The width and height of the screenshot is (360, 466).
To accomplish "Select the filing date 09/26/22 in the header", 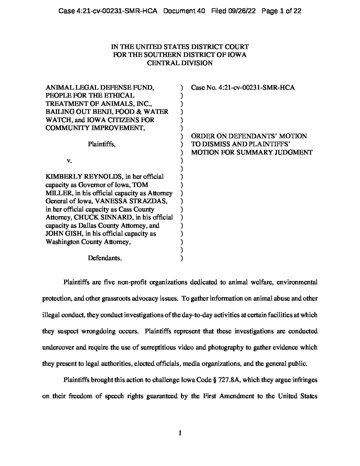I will point(241,11).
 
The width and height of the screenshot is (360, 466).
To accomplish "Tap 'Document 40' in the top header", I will point(184,11).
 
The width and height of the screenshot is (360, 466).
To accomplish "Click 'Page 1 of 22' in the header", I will point(281,11).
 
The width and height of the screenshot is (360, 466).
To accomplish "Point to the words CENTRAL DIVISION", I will point(180,63).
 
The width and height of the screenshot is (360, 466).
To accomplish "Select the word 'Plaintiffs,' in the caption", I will point(102,144).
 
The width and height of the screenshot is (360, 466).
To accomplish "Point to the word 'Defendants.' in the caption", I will point(105,258).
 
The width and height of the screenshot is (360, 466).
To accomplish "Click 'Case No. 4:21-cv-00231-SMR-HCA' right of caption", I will point(243,87).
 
